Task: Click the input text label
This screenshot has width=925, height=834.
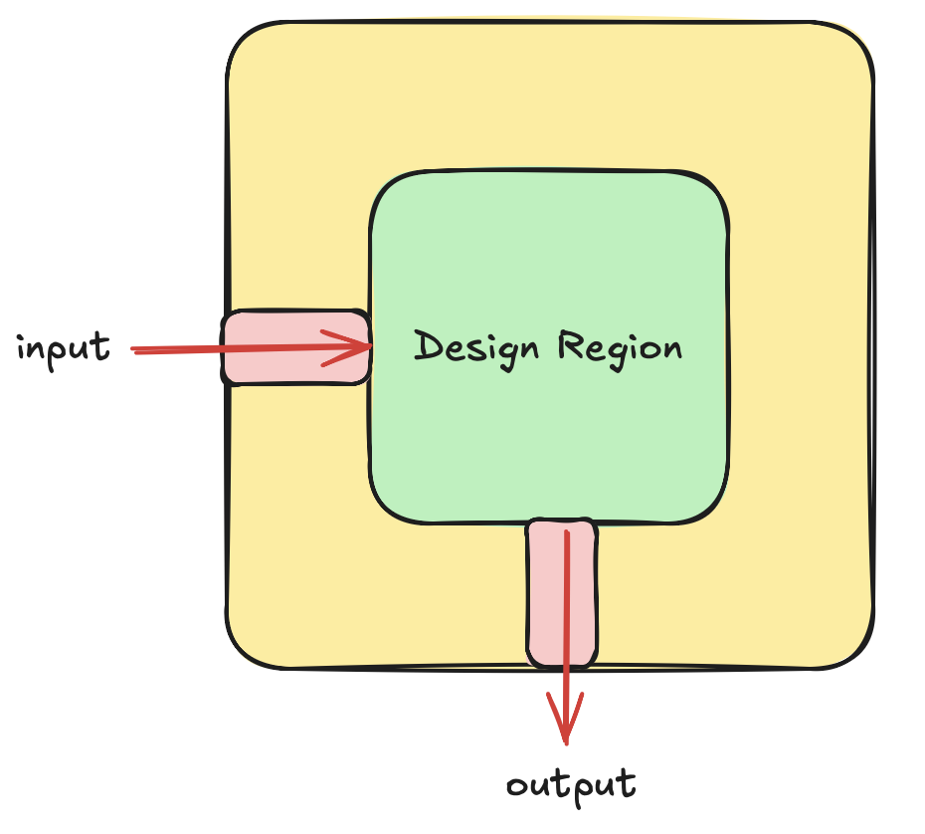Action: point(63,349)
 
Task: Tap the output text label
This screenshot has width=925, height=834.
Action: point(571,784)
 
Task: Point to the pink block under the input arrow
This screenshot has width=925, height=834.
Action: point(295,347)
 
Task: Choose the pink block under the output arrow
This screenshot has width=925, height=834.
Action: point(562,593)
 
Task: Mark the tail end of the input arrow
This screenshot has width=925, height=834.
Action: point(134,350)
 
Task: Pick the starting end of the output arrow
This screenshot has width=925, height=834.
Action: point(566,533)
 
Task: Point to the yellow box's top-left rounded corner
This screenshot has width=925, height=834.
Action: point(243,40)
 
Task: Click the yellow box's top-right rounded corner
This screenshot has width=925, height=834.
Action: point(857,40)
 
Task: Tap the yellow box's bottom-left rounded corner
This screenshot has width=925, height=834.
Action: point(243,652)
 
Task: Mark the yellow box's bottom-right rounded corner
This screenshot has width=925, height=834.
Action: point(857,652)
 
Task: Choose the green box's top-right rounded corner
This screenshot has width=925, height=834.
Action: point(714,187)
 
